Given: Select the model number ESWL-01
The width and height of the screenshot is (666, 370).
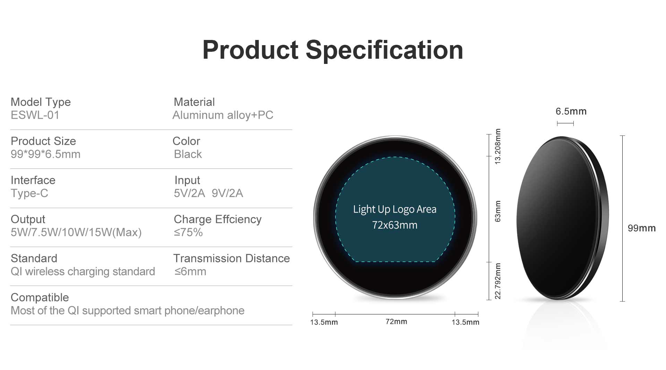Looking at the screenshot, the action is point(35,115).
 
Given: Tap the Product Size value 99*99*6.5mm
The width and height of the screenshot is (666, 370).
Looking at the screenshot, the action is point(45,154).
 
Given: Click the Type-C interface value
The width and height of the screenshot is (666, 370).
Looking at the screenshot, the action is point(29,193).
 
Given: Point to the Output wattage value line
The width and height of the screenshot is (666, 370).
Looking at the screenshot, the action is point(76,232).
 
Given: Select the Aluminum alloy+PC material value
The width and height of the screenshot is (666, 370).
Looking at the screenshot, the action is point(223,115).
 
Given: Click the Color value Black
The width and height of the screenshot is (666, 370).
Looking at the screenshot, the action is point(188,154).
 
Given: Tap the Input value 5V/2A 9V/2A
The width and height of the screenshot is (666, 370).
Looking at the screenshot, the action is point(208,193).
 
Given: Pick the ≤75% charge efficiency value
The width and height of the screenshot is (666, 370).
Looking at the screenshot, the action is point(188,232).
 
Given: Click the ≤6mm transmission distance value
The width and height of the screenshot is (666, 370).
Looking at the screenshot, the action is point(190,271).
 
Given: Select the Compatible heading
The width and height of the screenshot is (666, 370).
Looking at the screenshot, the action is point(40,297).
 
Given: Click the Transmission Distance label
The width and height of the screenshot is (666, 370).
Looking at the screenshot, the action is point(232,258).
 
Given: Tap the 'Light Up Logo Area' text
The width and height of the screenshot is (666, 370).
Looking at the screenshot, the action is point(395,209).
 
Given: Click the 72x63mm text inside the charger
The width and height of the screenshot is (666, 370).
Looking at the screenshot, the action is point(395,225).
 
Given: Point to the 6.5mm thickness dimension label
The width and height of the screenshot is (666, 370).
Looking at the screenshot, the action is point(571,111).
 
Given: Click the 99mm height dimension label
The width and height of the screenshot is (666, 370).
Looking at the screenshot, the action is point(642,228).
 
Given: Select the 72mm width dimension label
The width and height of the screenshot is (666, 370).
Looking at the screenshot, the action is point(396,322).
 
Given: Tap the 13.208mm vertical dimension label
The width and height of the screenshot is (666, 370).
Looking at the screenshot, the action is point(498,146).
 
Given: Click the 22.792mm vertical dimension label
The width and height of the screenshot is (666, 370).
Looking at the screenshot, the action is point(498,281).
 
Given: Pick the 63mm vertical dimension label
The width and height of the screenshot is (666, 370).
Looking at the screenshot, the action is point(498,211).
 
